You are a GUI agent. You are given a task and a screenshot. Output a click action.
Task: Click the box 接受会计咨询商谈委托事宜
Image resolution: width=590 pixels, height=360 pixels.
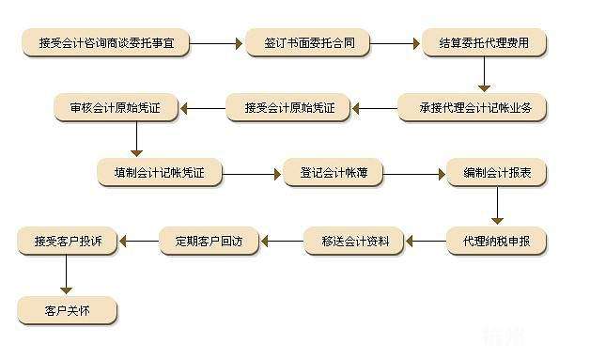114,43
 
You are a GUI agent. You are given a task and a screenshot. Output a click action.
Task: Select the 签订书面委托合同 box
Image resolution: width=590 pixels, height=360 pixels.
307,43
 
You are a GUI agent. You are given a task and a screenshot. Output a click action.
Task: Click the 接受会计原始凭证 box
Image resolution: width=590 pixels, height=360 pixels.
288,108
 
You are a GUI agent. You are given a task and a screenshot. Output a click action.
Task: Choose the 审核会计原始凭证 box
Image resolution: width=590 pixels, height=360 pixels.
116,108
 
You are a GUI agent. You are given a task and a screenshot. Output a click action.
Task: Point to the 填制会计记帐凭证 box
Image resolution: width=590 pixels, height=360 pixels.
159,174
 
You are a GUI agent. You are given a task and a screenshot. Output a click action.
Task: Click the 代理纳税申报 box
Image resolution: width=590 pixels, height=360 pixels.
496,242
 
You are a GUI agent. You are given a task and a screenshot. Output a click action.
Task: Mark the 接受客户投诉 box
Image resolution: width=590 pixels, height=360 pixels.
68,242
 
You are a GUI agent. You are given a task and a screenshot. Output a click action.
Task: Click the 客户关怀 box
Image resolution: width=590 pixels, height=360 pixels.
67,308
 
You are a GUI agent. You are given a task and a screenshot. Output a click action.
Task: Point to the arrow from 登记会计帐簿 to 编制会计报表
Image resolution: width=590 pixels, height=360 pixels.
412,174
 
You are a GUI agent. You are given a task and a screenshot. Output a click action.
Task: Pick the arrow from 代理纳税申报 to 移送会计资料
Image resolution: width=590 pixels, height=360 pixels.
425,242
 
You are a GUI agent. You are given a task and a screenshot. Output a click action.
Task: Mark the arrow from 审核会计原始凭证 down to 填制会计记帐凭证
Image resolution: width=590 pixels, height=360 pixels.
136,140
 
